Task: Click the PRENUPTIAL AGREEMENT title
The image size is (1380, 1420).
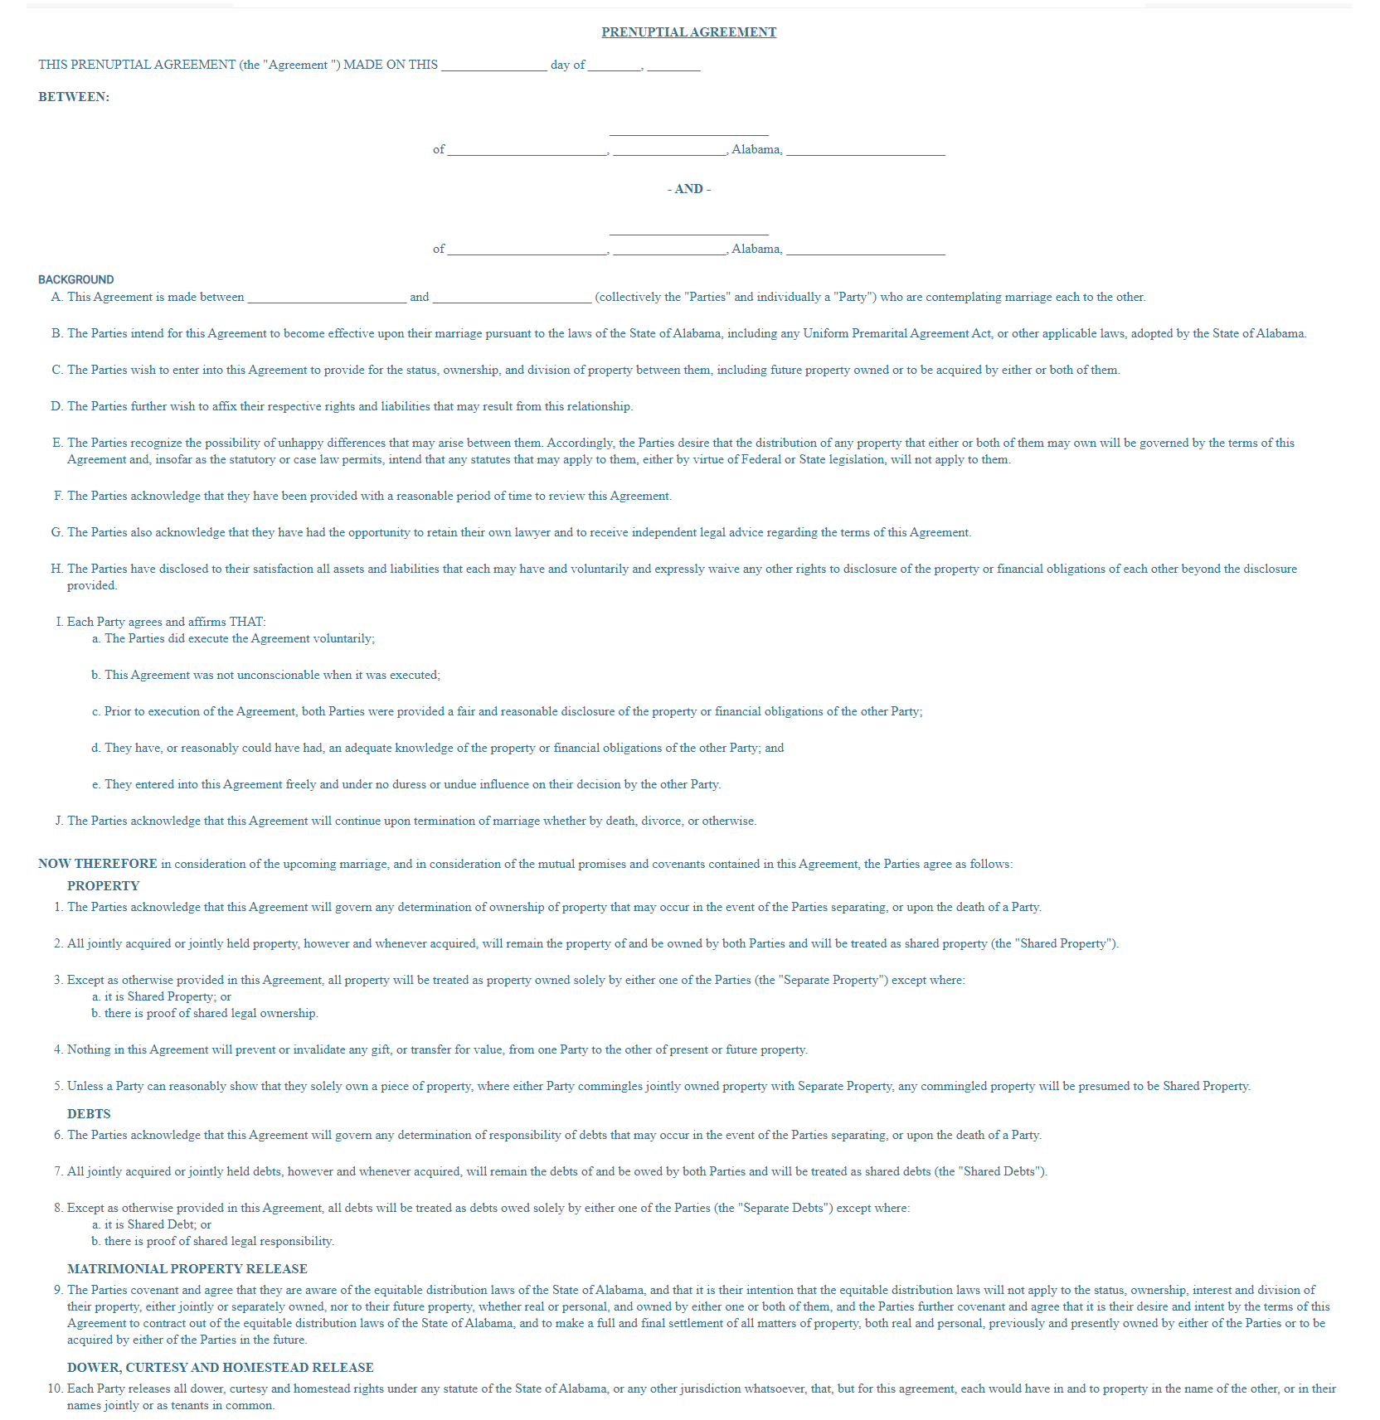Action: point(688,32)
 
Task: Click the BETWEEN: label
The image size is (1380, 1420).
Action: point(74,97)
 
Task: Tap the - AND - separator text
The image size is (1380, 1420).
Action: point(688,189)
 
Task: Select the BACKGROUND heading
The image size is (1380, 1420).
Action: point(76,279)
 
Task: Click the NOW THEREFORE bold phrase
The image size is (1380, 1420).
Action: point(98,864)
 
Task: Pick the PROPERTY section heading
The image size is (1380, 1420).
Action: point(104,885)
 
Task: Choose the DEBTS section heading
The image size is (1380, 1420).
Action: point(89,1113)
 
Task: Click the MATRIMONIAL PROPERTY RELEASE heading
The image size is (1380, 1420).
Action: point(187,1268)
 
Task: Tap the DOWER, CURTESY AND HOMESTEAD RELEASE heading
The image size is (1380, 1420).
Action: point(221,1367)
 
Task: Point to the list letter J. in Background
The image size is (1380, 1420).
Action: point(59,821)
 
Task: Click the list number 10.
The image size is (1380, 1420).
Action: point(55,1388)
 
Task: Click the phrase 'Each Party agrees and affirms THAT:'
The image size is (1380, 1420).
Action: point(167,622)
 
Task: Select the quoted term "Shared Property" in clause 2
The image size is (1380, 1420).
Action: point(1068,943)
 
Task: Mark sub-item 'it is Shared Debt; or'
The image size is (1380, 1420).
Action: point(158,1224)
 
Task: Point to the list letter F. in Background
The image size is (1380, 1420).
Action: point(58,496)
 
